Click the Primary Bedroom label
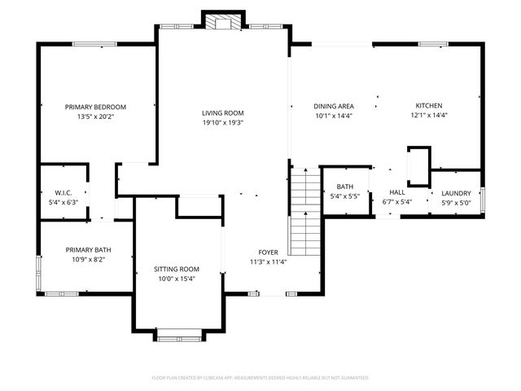click(x=96, y=107)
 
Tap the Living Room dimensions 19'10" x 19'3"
click(x=223, y=123)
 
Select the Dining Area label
click(x=334, y=106)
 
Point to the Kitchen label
click(x=429, y=106)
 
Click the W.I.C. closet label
click(x=63, y=193)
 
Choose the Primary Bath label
click(x=89, y=250)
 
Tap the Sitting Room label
click(x=177, y=269)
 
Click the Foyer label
click(x=268, y=253)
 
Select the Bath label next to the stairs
click(x=344, y=187)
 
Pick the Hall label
click(x=396, y=193)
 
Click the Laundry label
click(x=457, y=193)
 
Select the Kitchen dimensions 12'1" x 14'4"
click(x=429, y=116)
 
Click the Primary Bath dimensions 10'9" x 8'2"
click(x=89, y=260)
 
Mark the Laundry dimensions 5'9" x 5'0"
click(x=457, y=203)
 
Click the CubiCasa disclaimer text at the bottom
click(x=260, y=378)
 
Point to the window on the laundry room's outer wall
click(x=484, y=200)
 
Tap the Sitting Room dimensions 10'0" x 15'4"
click(x=177, y=279)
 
